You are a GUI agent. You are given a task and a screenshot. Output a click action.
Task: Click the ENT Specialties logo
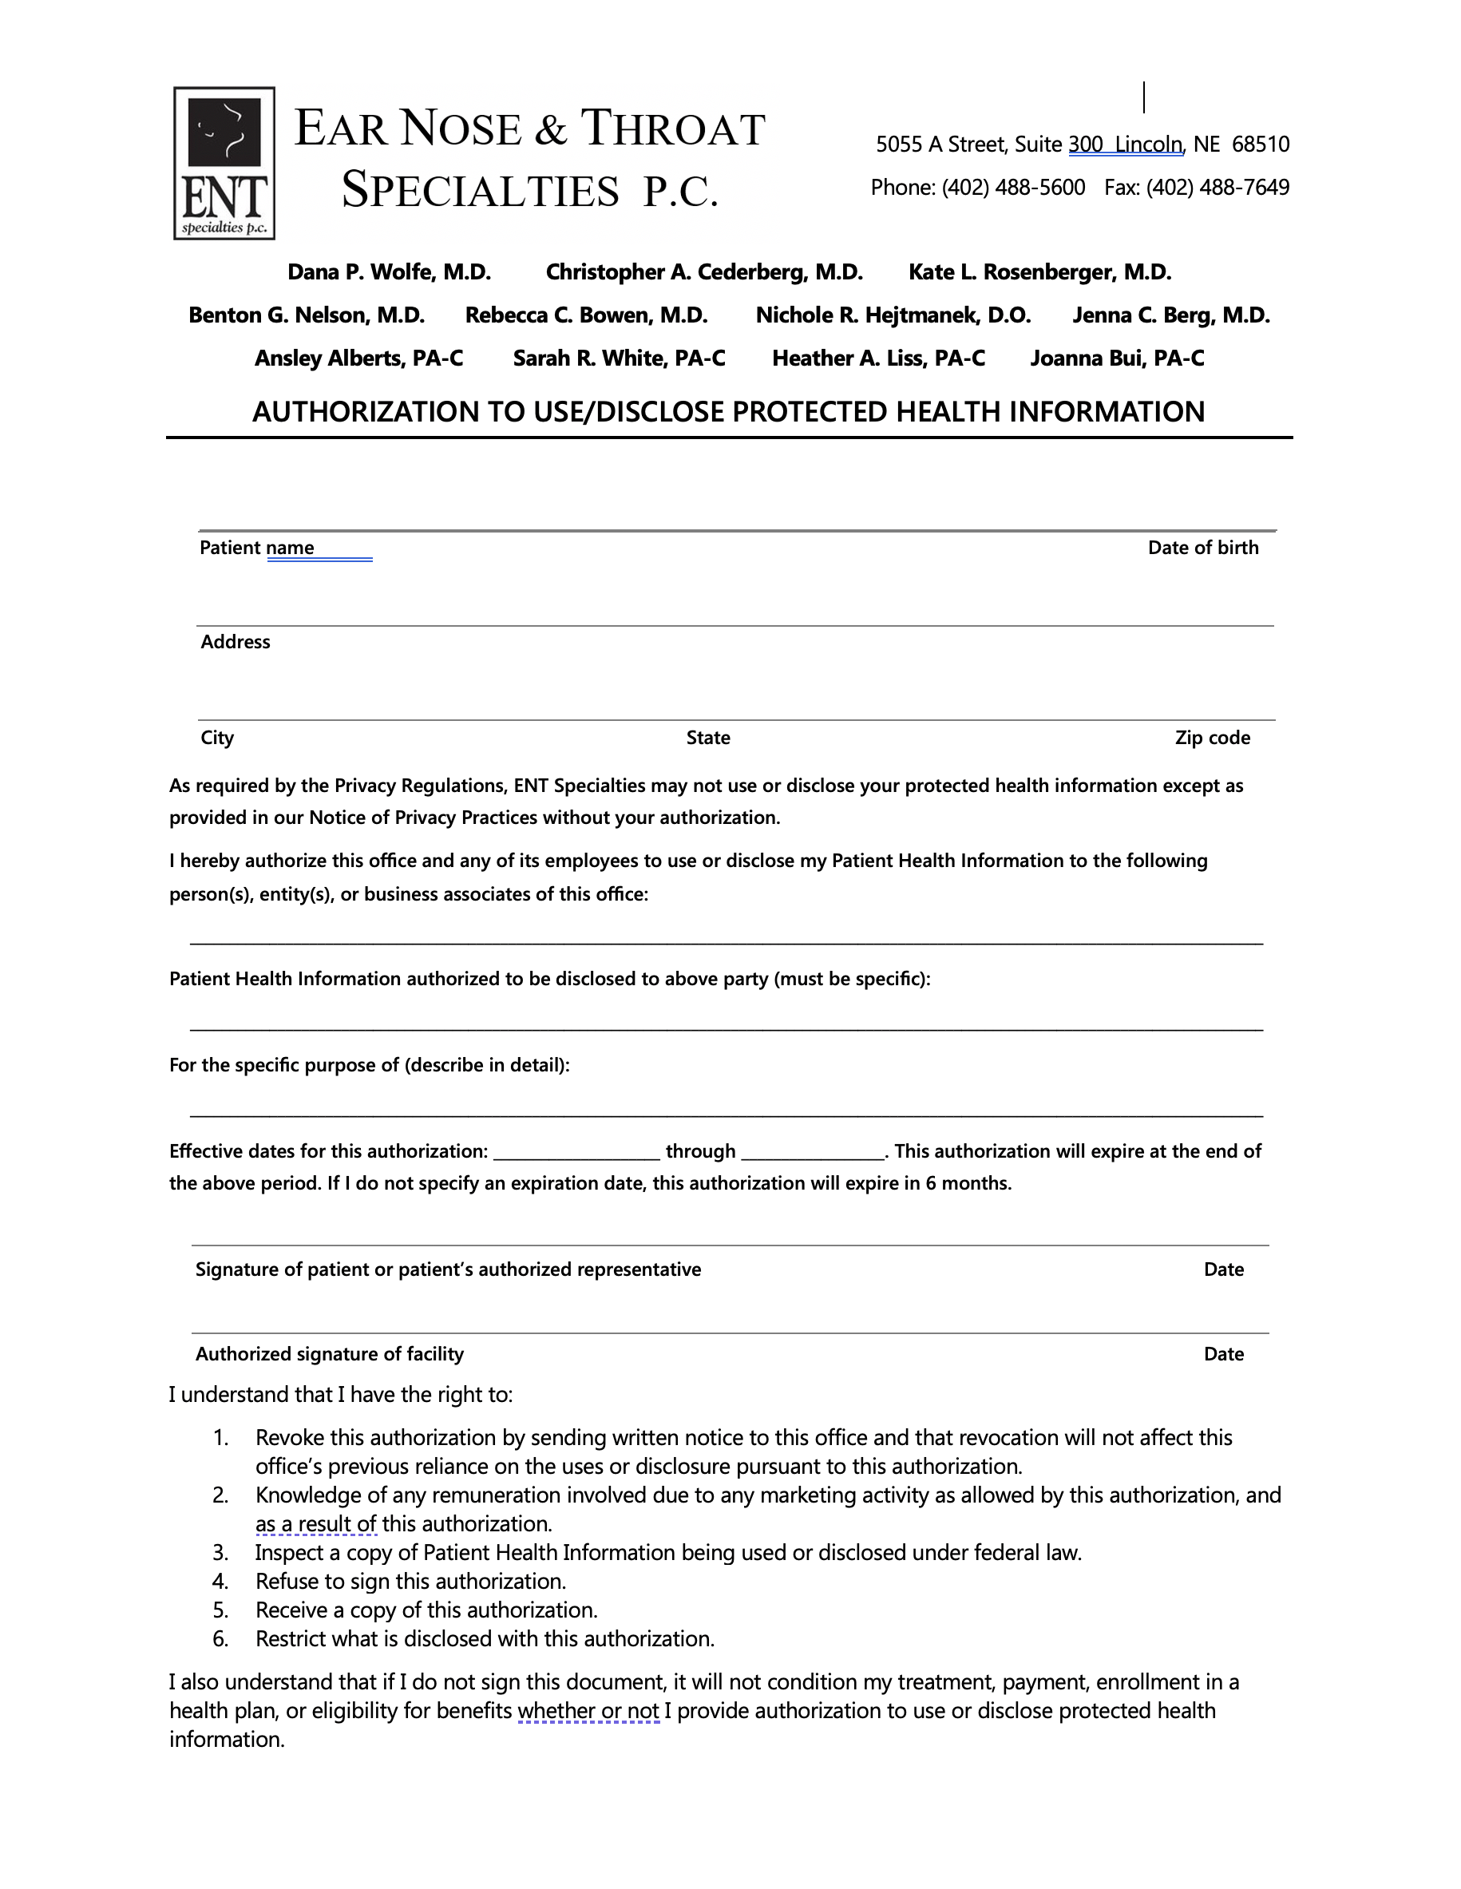click(x=224, y=163)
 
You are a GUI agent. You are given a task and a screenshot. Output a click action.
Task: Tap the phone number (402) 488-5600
click(x=1013, y=188)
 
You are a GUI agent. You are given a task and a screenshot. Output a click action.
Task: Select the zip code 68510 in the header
click(x=1261, y=145)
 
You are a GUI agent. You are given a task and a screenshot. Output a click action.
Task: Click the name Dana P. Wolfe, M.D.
click(x=390, y=272)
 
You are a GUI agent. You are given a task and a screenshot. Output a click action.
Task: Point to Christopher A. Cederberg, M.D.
click(x=704, y=272)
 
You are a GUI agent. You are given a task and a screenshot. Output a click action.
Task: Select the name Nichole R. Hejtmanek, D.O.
click(x=893, y=315)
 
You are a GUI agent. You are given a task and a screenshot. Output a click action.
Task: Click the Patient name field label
click(x=256, y=548)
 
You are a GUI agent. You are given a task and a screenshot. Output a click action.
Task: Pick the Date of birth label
click(x=1202, y=548)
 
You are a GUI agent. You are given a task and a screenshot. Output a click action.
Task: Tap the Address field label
click(x=236, y=643)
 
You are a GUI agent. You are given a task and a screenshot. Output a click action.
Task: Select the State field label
click(x=707, y=739)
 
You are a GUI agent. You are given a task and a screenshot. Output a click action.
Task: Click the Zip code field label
click(x=1212, y=739)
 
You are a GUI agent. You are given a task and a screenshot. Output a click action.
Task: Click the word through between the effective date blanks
click(x=700, y=1152)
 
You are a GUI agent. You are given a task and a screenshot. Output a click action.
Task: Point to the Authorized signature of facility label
click(x=330, y=1354)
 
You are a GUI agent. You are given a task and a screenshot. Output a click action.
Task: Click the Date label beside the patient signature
click(x=1223, y=1269)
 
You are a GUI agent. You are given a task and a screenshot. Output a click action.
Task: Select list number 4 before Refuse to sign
click(x=220, y=1582)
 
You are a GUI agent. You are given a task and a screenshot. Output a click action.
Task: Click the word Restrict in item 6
click(x=292, y=1639)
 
